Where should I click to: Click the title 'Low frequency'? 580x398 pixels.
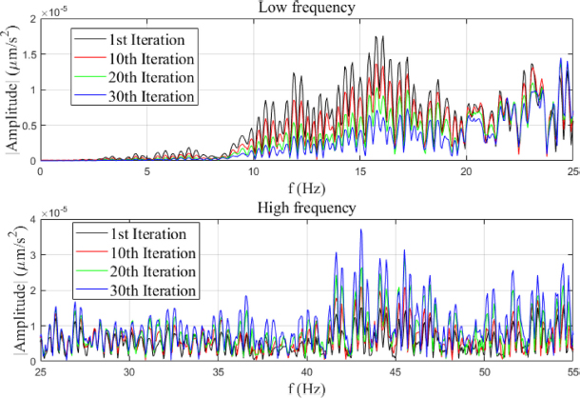[x=305, y=9]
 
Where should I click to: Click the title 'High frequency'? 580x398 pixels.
[x=305, y=208]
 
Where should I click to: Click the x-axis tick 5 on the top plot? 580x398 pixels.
[x=146, y=171]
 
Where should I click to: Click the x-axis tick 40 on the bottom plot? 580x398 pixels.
[x=307, y=371]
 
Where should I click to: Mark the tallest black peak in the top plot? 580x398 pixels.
[x=380, y=37]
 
